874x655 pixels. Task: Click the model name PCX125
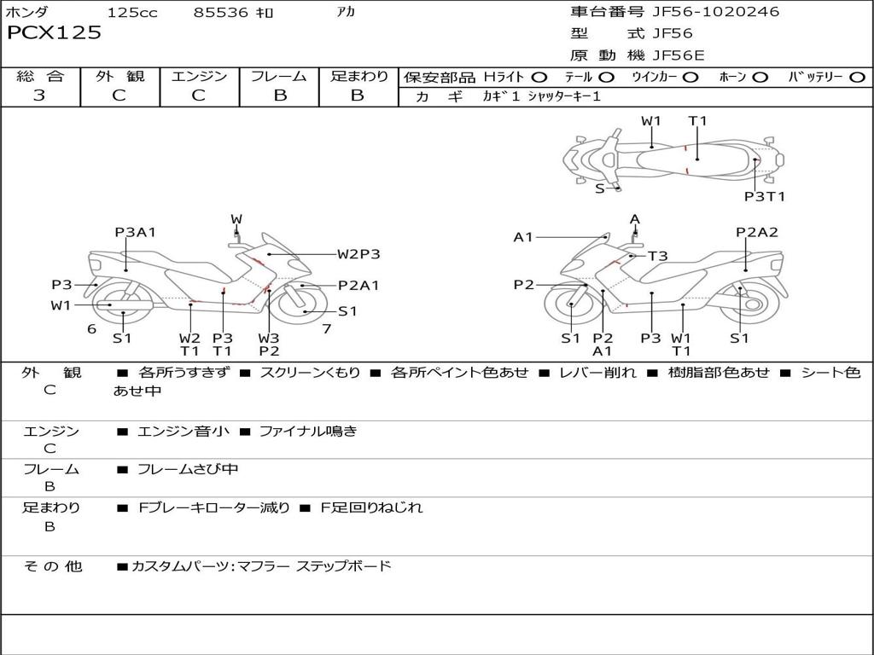click(54, 33)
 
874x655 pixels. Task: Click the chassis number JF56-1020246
click(715, 12)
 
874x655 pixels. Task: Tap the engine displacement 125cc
click(132, 13)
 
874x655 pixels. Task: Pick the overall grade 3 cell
click(39, 96)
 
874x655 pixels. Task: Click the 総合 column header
click(40, 76)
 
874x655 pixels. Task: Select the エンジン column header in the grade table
click(199, 76)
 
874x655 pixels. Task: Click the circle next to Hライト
click(539, 77)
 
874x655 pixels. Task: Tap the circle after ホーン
click(760, 77)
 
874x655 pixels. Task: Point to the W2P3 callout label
click(358, 253)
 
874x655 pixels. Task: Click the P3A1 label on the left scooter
click(136, 232)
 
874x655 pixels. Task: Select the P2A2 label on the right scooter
click(757, 232)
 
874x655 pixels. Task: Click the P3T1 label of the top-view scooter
click(764, 196)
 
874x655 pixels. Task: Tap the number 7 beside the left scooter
click(327, 328)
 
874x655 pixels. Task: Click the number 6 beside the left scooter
click(91, 328)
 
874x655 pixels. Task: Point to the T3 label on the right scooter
click(657, 255)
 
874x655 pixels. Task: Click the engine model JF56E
click(679, 55)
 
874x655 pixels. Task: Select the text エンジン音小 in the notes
click(183, 432)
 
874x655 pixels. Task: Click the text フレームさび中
click(188, 469)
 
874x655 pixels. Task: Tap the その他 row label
click(52, 565)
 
